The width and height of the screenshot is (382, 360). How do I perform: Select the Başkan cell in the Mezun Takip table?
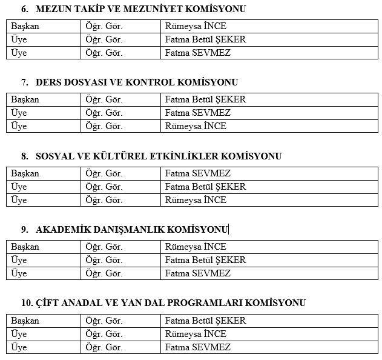point(25,26)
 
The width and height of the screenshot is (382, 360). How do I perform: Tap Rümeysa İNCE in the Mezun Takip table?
point(196,26)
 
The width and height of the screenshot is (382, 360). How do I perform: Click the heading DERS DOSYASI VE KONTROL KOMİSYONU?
point(137,82)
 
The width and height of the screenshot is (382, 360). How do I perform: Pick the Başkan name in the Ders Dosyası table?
point(205,99)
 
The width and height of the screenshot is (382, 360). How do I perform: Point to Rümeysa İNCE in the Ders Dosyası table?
point(196,126)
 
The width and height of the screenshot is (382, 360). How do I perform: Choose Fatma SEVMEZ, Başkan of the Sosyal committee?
point(197,173)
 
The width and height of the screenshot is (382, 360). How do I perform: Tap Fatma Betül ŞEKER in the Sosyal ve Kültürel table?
point(205,187)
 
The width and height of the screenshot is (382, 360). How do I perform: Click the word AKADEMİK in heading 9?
point(62,230)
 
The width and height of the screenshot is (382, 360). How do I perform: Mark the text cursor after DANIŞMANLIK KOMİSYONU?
point(229,230)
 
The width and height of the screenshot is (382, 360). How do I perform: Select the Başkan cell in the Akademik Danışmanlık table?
point(25,247)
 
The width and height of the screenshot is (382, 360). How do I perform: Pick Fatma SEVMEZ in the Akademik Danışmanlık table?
point(197,273)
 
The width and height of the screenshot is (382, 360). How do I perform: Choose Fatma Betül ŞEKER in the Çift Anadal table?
point(205,321)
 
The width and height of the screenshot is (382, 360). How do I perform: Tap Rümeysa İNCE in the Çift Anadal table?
point(196,334)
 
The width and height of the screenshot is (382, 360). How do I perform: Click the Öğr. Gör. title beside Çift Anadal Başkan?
point(104,321)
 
